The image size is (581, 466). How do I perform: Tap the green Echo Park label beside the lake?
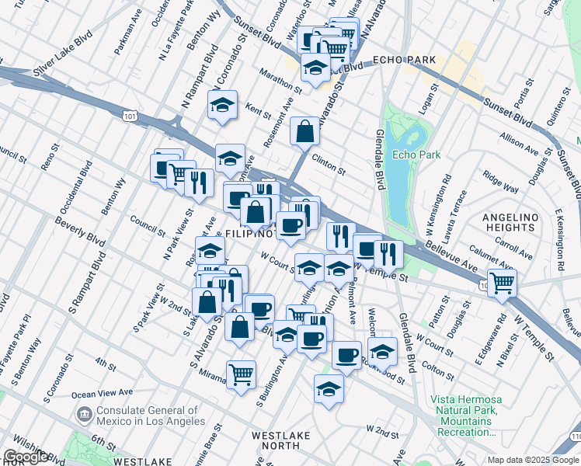click(416, 155)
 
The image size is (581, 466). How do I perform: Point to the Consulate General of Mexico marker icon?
click(84, 416)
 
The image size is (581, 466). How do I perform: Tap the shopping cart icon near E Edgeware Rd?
click(502, 283)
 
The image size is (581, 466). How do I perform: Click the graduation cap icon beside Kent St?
click(222, 105)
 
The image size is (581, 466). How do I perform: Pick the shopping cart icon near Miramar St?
click(242, 374)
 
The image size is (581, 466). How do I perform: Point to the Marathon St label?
click(270, 78)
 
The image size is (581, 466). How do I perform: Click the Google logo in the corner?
click(26, 457)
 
